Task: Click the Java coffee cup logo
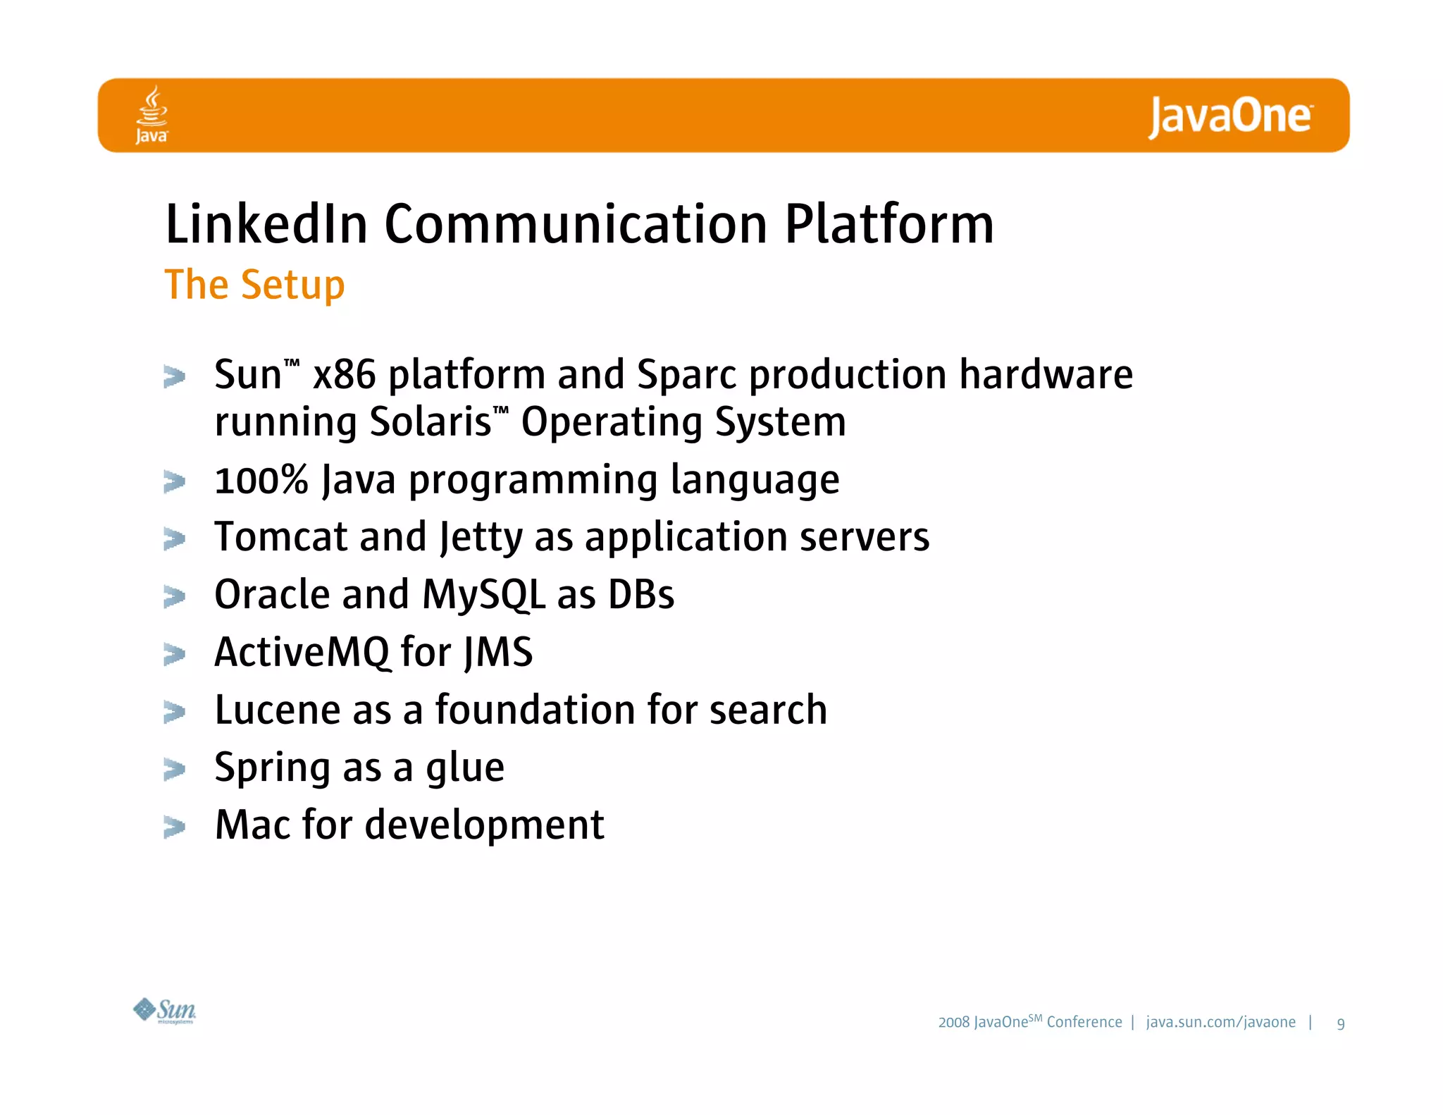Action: coord(151,114)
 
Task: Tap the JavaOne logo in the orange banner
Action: coord(1230,116)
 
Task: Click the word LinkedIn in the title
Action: coord(266,224)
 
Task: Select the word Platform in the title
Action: coord(888,224)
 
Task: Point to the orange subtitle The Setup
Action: coord(254,285)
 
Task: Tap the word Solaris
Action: coord(431,421)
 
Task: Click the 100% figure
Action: coord(261,480)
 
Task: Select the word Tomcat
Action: coord(280,537)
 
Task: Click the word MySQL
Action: coord(483,595)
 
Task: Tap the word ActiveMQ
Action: coord(302,652)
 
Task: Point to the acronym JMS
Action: coord(498,653)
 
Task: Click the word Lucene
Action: coord(277,710)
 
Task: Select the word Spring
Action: coord(271,768)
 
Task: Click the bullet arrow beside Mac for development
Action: coord(174,826)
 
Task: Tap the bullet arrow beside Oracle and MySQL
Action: coord(174,596)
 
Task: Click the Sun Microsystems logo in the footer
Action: coord(165,1011)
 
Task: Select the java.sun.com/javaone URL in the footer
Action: coord(1220,1022)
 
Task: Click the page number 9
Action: coord(1340,1023)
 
